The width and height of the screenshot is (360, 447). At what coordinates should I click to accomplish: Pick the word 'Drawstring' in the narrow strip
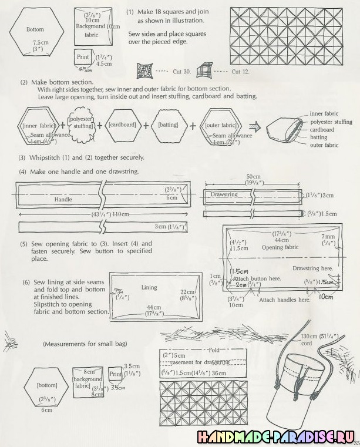[x=224, y=194]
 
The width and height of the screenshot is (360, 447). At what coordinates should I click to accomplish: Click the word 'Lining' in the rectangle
[x=149, y=288]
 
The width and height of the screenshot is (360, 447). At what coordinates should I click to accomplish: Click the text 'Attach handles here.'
[x=285, y=300]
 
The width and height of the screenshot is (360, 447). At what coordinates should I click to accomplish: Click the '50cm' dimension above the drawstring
[x=254, y=176]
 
